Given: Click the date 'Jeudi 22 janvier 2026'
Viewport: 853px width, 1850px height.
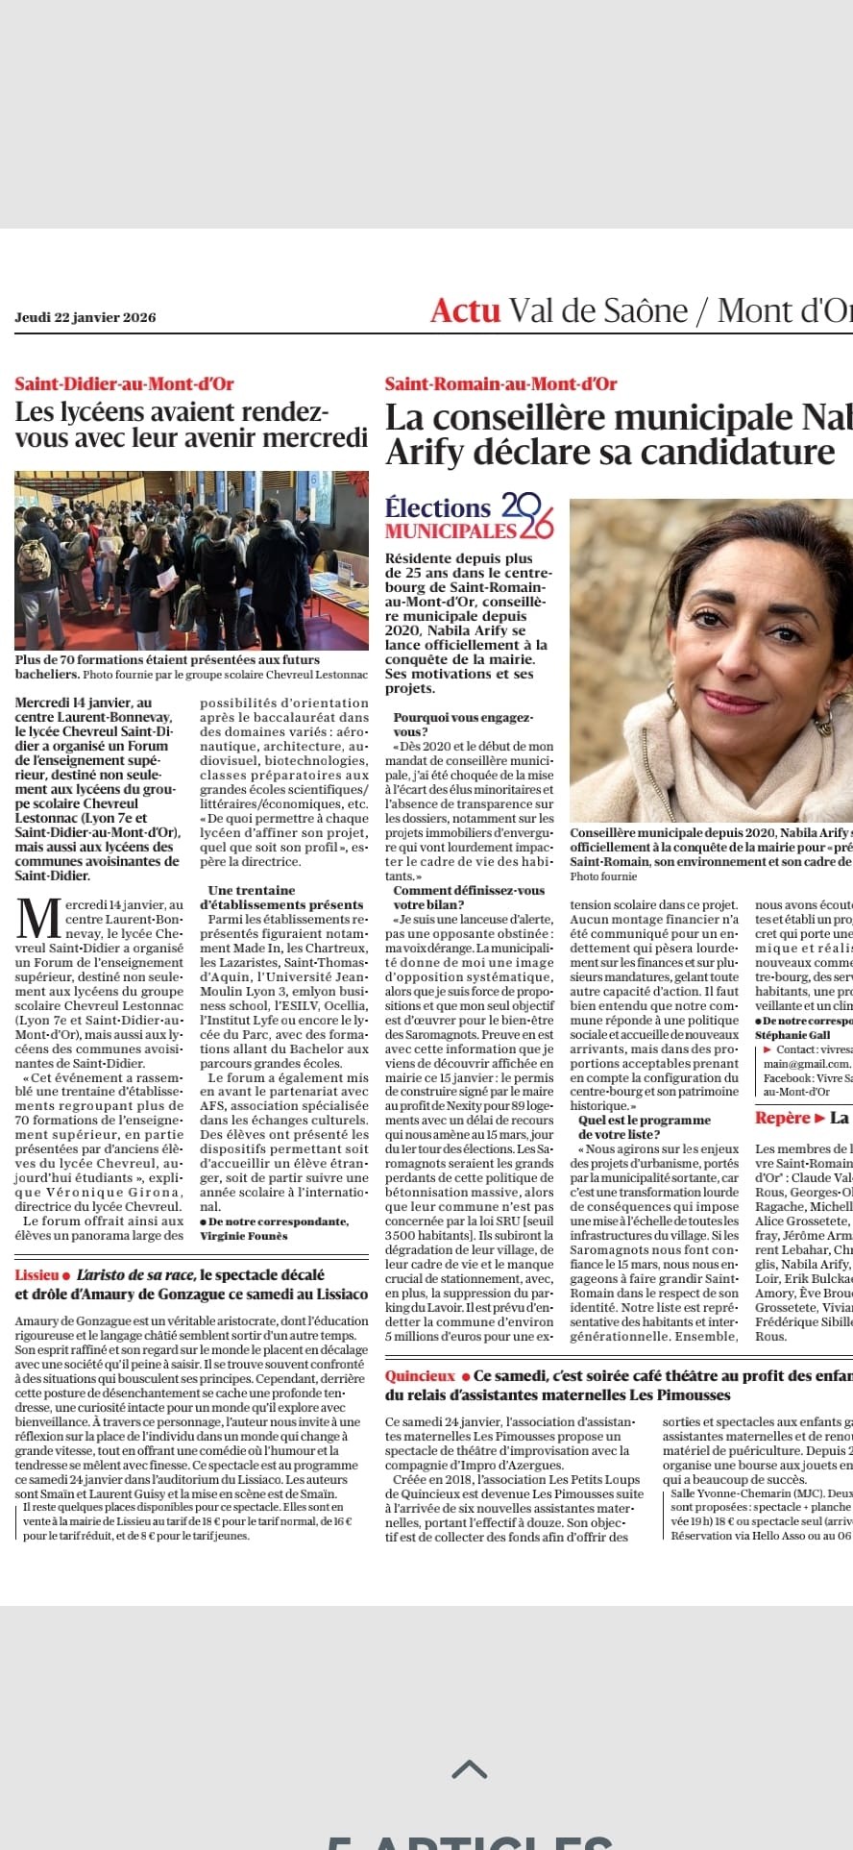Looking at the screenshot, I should coord(85,317).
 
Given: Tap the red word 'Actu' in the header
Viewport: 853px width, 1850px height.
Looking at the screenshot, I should coord(465,310).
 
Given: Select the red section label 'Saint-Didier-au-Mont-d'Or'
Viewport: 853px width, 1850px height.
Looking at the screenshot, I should coord(124,383).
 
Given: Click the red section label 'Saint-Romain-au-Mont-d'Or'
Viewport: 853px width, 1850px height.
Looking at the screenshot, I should coord(500,383).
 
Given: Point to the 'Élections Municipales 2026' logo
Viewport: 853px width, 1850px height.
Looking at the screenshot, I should coord(470,516).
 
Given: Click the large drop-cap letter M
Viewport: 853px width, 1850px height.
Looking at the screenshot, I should coord(38,919).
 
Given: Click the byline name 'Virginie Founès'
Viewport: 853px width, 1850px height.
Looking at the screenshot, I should coord(243,1236).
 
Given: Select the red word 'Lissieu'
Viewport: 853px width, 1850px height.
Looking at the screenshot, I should coord(37,1275).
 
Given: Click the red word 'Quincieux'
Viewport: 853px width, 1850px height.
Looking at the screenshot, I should coord(420,1376).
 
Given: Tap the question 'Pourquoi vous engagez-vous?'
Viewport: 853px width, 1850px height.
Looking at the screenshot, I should coord(462,725).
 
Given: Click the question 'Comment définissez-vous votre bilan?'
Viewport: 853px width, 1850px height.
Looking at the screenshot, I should coord(468,898).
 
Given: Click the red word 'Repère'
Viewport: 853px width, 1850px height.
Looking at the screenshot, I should coord(783,1118).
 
